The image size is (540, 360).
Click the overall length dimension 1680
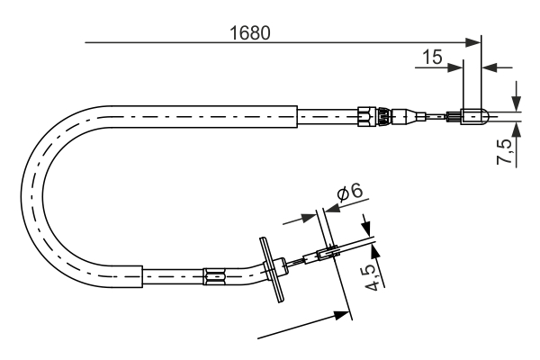(250, 31)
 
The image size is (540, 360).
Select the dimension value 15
(432, 57)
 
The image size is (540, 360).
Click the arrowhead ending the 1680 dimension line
(474, 41)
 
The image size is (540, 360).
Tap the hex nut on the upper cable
(366, 115)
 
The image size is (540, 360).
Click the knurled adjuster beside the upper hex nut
(382, 115)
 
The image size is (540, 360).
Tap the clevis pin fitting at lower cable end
(328, 256)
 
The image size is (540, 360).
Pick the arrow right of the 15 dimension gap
(490, 66)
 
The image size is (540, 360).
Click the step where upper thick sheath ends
(296, 115)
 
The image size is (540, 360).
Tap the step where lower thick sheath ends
(142, 275)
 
